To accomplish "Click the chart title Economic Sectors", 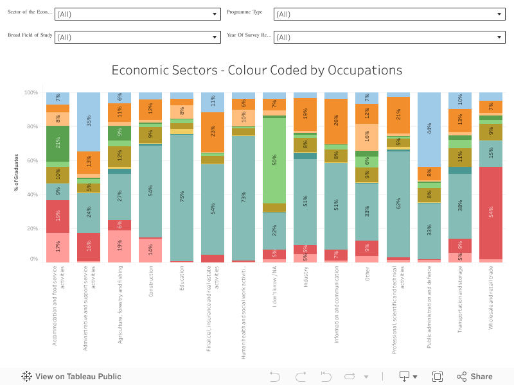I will pos(256,70).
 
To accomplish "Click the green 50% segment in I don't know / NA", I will pos(274,160).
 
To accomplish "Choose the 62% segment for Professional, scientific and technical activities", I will pos(398,204).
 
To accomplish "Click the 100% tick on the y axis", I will pos(31,93).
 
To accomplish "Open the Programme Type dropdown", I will pos(389,14).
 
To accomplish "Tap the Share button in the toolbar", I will pos(475,377).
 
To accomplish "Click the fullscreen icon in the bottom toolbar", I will pos(438,377).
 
